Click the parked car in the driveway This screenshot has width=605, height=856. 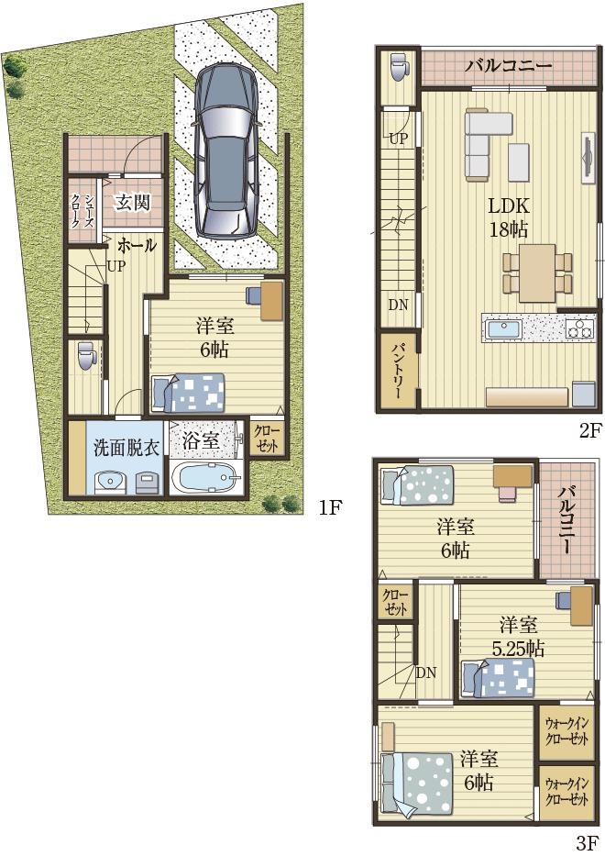[x=226, y=151]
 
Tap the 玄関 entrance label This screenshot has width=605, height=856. [x=132, y=203]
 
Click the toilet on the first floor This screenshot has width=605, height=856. [x=84, y=357]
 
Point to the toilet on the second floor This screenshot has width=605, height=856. [x=398, y=65]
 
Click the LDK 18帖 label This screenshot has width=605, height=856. [x=508, y=217]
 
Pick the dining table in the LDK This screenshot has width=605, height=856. [x=537, y=273]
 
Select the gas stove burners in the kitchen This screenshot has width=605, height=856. [x=579, y=329]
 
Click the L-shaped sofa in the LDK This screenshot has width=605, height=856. [x=483, y=142]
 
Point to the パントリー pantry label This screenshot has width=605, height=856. [x=397, y=370]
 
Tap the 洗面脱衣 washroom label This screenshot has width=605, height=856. [x=126, y=449]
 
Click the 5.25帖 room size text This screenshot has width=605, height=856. [x=517, y=649]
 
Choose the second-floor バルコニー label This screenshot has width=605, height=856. [x=509, y=67]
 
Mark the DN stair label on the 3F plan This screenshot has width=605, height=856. [x=426, y=673]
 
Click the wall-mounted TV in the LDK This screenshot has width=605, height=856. [x=588, y=156]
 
